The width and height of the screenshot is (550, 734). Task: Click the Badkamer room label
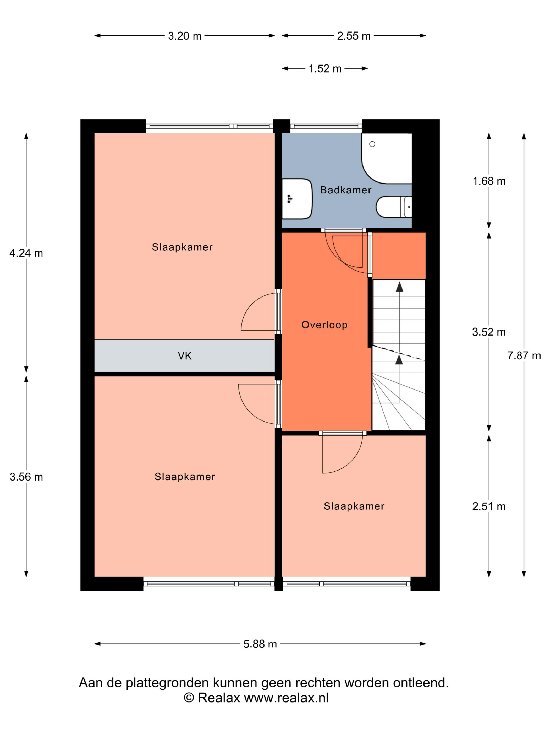(345, 190)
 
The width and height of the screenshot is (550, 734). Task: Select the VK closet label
(185, 356)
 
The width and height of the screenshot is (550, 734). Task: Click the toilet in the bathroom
(394, 207)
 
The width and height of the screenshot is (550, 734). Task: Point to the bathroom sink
(297, 199)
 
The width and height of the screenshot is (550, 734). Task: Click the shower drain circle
(372, 144)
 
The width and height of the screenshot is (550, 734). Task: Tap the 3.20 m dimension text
(185, 36)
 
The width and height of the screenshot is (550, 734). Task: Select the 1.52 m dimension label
(325, 69)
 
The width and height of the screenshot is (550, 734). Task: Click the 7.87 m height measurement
(524, 355)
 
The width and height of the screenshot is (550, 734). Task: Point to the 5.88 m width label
(260, 644)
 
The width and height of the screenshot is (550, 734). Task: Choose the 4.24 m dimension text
(26, 253)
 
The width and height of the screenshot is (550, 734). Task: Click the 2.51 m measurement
(489, 507)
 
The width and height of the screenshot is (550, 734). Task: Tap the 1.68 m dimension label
(489, 181)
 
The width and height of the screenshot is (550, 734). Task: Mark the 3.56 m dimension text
(26, 477)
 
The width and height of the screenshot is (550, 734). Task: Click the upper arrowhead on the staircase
(399, 287)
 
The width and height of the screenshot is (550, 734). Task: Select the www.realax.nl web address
(287, 698)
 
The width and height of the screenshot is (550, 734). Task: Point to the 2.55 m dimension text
(354, 36)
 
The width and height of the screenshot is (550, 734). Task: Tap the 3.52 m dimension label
(489, 332)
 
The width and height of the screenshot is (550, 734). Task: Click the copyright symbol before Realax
(189, 698)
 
